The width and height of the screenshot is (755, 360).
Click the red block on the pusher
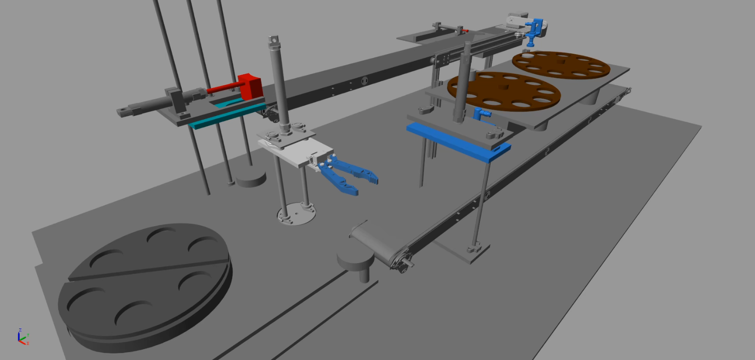(x=250, y=86)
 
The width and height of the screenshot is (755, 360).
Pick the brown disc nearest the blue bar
(x=503, y=92)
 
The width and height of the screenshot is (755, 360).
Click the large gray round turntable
(x=145, y=284)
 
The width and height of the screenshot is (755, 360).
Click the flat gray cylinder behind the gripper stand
(x=251, y=178)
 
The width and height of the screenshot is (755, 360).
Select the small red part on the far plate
(x=464, y=31)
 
